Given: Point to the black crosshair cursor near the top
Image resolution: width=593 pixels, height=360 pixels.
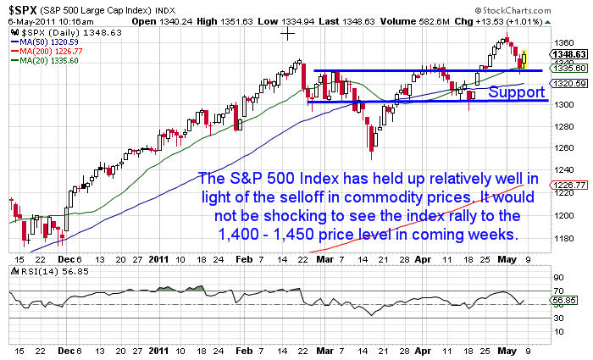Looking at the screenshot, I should [x=288, y=33].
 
